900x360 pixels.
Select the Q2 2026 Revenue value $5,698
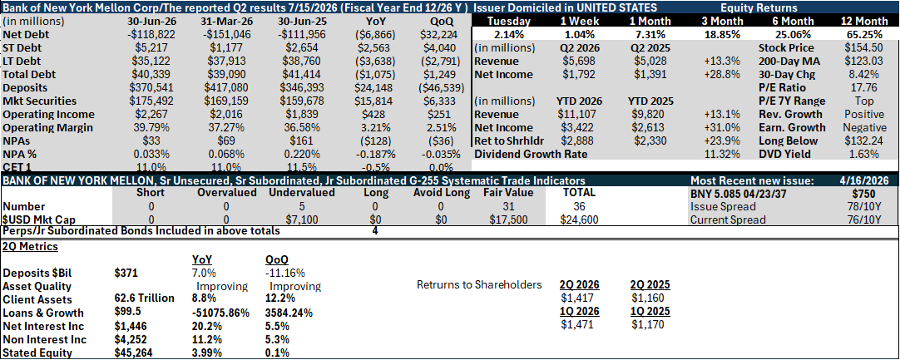[x=577, y=62]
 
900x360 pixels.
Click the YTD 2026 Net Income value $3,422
[x=577, y=127]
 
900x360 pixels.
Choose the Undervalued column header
[x=301, y=193]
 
